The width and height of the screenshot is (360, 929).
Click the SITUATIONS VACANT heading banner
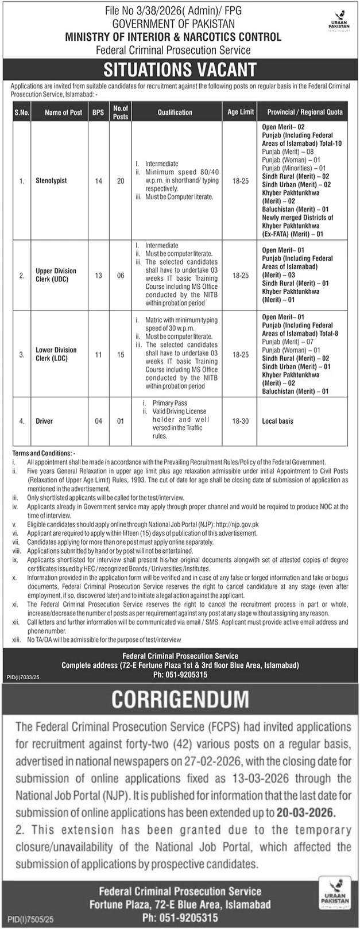[180, 69]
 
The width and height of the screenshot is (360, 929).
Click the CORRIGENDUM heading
[180, 699]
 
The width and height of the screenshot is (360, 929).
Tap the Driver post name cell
[44, 421]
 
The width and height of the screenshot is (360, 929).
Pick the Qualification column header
[175, 113]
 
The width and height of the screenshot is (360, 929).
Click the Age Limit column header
[241, 113]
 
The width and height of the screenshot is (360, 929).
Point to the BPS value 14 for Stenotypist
[98, 181]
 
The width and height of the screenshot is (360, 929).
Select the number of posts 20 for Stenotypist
[121, 181]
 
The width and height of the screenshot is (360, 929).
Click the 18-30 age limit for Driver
[241, 421]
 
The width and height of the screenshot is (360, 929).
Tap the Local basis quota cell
[277, 421]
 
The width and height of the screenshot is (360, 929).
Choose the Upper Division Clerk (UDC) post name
[56, 275]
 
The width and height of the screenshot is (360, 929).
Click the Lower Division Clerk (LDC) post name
[56, 354]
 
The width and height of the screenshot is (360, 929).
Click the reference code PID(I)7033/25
[24, 679]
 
